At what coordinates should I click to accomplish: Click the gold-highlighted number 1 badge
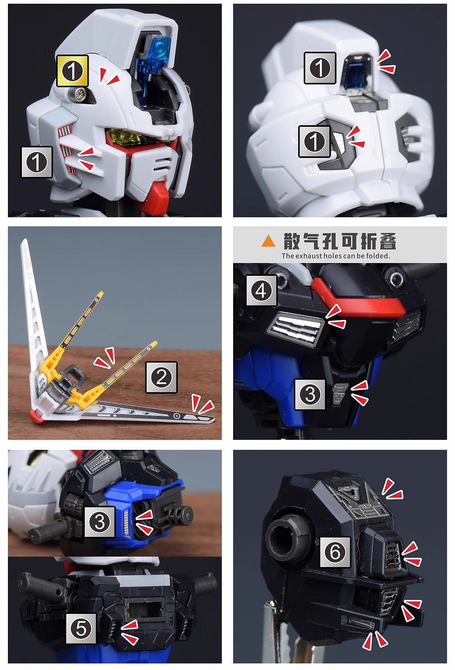coord(72,71)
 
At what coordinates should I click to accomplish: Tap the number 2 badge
coord(161,377)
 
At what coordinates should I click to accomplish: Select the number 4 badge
coord(261,290)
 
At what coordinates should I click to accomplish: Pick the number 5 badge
coord(81,628)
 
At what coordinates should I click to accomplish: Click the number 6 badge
coord(335,552)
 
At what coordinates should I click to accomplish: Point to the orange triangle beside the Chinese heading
coord(268,241)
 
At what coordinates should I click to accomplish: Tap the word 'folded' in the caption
coord(379,256)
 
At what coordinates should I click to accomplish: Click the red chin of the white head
coord(156,194)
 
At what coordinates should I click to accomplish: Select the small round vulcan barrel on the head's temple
coord(79,94)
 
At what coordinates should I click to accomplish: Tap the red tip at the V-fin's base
coord(36,416)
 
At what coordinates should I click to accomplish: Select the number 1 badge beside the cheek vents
coord(37,162)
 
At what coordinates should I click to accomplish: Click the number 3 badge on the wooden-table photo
coord(99,522)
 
